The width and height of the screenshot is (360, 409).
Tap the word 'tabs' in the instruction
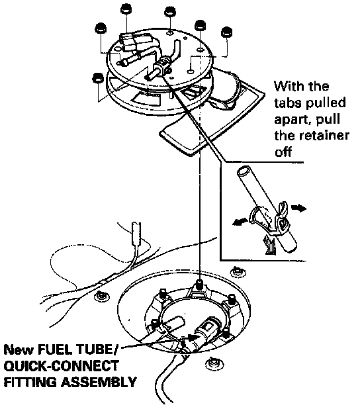pos(288,103)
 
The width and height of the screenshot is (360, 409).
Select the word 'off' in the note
pos(283,152)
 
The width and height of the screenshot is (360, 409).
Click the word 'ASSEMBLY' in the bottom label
pos(99,382)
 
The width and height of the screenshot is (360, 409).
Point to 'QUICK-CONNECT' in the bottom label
pos(61,366)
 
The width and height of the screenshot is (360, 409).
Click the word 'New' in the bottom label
pos(19,350)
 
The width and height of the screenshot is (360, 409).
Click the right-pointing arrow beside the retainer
pos(298,208)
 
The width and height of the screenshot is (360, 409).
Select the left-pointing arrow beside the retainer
pos(240,222)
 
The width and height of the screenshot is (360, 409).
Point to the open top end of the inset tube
pos(244,171)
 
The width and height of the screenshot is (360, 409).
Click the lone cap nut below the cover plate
pos(98,77)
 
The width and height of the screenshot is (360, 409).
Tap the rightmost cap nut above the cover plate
pos(226,32)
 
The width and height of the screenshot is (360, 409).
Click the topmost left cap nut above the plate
pos(126,9)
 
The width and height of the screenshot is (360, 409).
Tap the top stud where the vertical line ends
pos(200,285)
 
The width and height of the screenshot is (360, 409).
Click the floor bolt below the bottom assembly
pos(214,363)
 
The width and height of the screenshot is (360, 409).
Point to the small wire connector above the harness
pos(137,234)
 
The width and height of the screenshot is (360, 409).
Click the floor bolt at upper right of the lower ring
pos(238,271)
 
